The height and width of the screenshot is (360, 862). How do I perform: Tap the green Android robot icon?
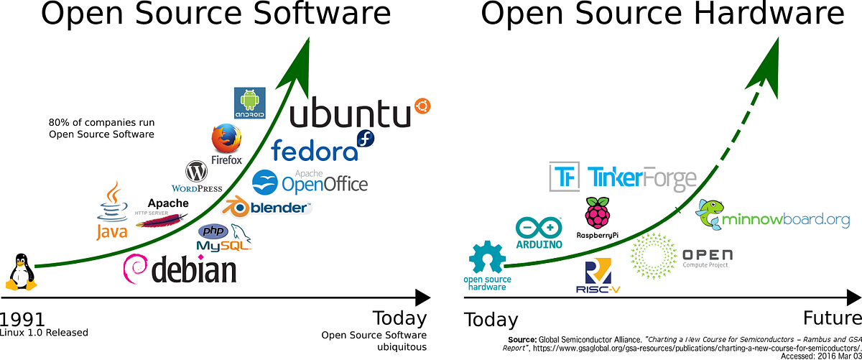point(250,103)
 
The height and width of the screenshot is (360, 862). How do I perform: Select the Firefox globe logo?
point(226,139)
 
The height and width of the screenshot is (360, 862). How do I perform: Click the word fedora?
point(314,150)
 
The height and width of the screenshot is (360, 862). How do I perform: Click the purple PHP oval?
point(213,231)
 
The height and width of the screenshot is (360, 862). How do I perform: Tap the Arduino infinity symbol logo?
point(539,229)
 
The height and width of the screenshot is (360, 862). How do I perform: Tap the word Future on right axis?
point(829,318)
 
